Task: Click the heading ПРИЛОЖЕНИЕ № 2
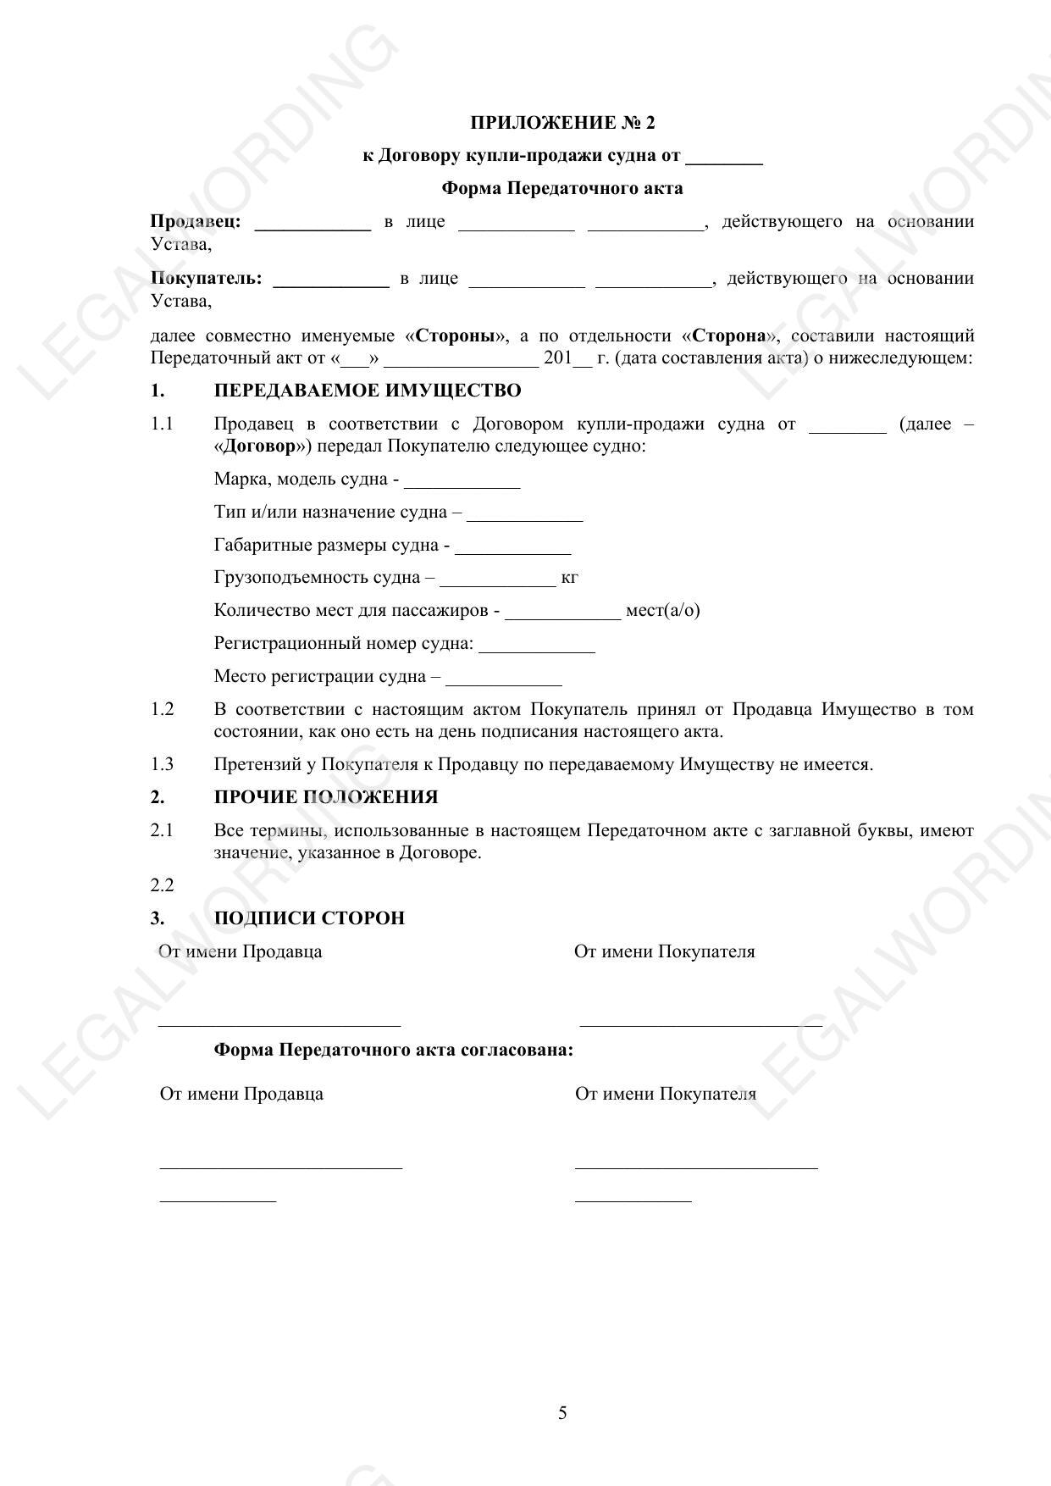tap(562, 123)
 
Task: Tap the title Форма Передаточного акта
tap(562, 188)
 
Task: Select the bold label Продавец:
tap(196, 222)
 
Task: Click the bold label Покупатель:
tap(206, 279)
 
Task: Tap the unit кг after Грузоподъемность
tap(569, 578)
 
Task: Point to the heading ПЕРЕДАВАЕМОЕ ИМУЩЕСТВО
tap(368, 391)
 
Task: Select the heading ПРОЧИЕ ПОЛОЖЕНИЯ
tap(326, 797)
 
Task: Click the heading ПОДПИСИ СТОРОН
tap(309, 918)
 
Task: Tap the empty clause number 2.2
tap(162, 885)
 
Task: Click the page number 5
tap(562, 1413)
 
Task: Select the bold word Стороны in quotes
tap(456, 335)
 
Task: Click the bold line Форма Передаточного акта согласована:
tap(393, 1050)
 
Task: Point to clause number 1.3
tap(162, 764)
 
